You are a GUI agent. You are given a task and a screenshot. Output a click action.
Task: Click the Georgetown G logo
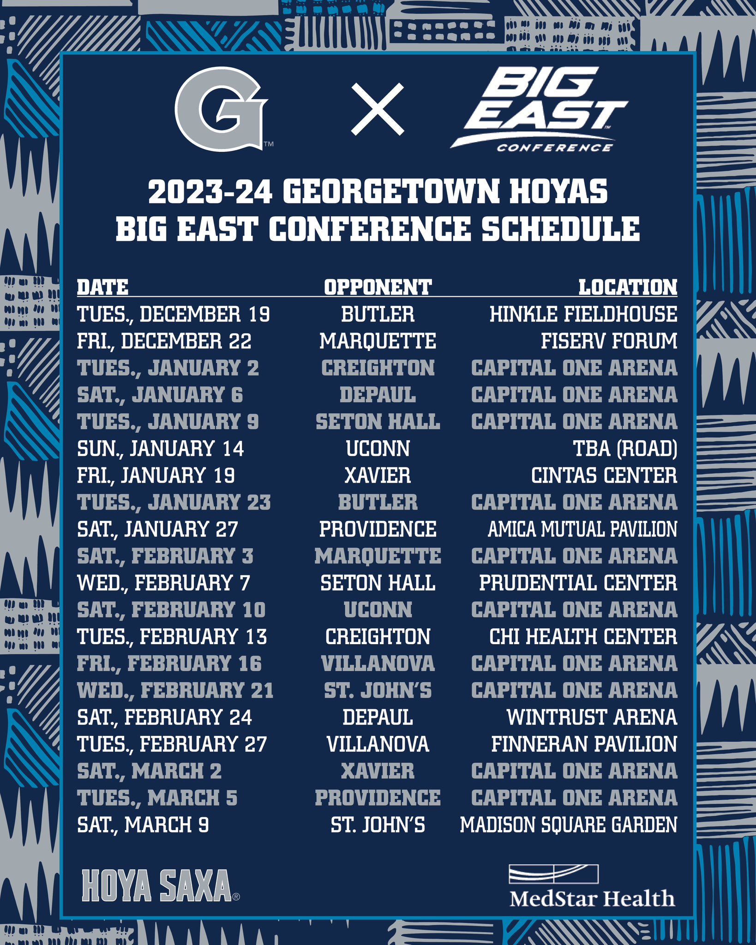click(221, 109)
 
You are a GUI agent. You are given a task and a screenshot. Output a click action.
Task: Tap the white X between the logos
click(377, 109)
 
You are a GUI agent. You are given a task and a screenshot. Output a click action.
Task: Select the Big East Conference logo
click(538, 110)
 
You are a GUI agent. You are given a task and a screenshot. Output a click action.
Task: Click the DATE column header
click(102, 287)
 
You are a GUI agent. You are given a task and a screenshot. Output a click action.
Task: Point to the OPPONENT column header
click(378, 287)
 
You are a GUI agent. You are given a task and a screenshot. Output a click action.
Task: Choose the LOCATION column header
click(628, 287)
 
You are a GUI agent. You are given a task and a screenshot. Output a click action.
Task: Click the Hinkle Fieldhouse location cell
click(583, 314)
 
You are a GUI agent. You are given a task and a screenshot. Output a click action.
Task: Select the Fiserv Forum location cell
click(609, 341)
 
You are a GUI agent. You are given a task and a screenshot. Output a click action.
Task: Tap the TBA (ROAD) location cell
click(625, 449)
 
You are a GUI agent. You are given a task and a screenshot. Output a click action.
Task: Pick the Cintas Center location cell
click(604, 475)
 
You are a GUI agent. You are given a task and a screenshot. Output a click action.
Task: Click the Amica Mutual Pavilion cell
click(582, 529)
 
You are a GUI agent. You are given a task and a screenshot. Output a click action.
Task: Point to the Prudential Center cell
click(578, 583)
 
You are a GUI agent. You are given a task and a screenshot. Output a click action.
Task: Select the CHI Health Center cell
click(583, 637)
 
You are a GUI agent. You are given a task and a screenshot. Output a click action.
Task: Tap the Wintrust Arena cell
click(592, 717)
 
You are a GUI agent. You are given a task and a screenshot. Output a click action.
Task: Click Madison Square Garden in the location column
click(569, 825)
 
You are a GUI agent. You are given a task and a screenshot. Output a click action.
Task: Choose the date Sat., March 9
click(143, 825)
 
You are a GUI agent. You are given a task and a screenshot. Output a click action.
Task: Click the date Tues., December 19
click(173, 314)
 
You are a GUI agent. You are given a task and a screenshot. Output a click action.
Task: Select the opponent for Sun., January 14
click(378, 449)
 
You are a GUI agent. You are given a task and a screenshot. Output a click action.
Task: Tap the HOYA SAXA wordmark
click(157, 885)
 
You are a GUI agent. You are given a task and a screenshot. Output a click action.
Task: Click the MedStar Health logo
click(592, 886)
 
